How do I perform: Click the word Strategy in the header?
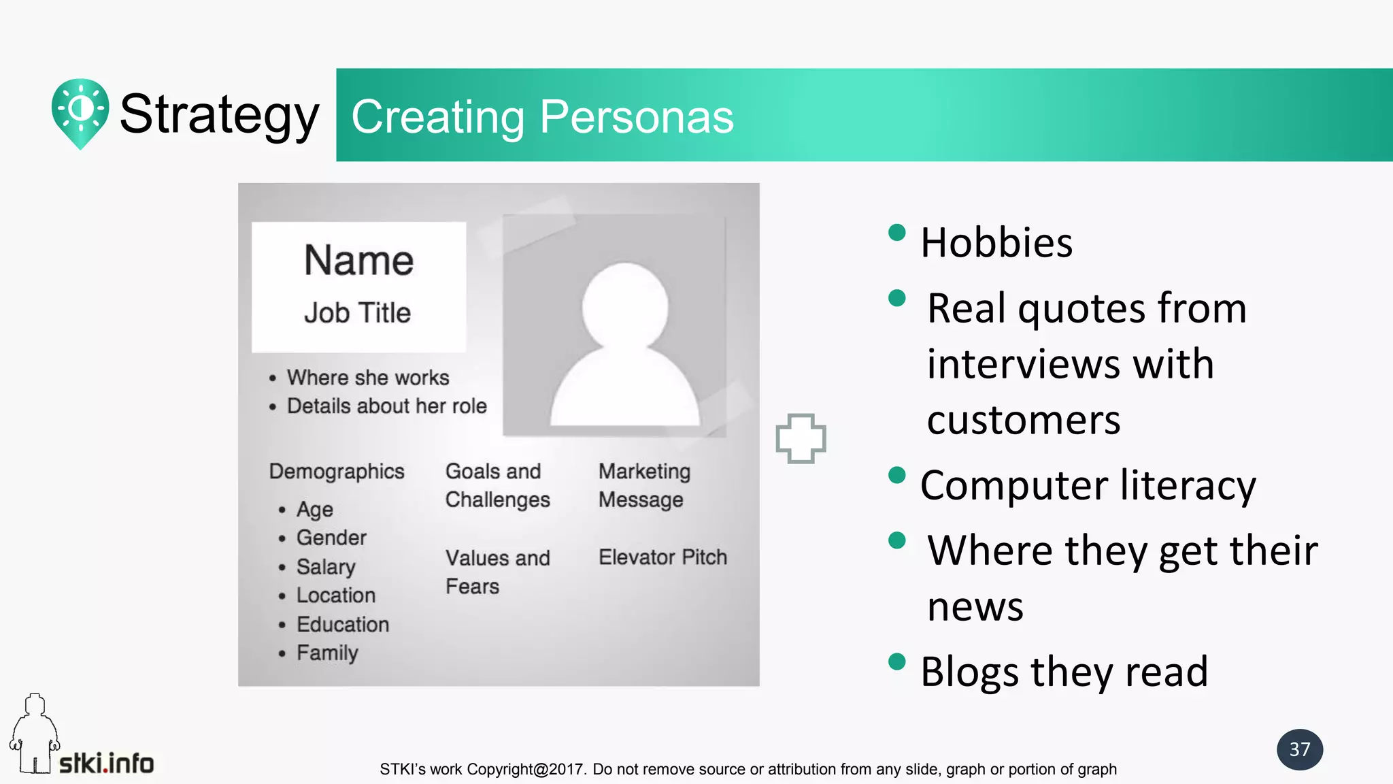click(219, 114)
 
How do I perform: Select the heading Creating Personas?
click(542, 116)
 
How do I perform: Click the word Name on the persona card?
click(358, 261)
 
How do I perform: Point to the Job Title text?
click(357, 313)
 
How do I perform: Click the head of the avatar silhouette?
click(624, 304)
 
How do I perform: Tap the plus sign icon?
click(801, 438)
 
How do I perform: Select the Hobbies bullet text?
click(996, 243)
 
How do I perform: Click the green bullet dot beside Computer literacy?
click(897, 474)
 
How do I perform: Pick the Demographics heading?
click(337, 471)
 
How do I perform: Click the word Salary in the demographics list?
click(326, 566)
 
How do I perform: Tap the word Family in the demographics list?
click(327, 653)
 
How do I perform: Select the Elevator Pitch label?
click(662, 557)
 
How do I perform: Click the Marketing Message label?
click(644, 485)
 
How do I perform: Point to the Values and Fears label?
click(497, 572)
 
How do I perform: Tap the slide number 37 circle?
click(1299, 749)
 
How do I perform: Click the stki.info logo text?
click(106, 763)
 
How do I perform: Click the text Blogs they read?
click(1064, 672)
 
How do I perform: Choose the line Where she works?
click(367, 378)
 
